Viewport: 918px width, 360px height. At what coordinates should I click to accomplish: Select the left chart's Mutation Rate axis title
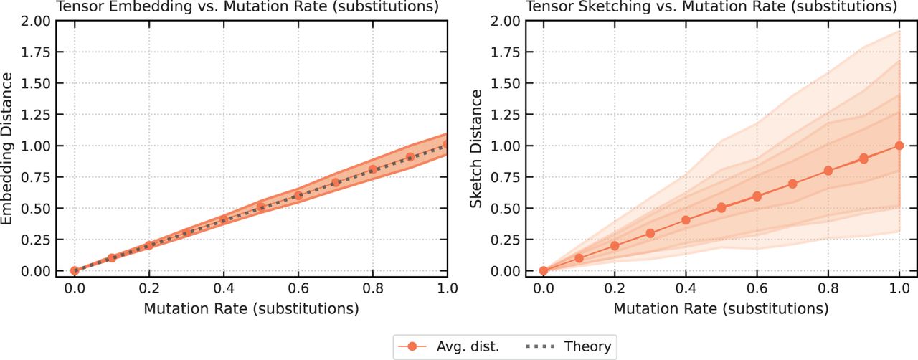[x=251, y=310]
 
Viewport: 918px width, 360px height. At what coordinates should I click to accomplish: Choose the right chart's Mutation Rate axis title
[x=721, y=310]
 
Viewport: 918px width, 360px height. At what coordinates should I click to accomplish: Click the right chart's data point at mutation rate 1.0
[x=899, y=146]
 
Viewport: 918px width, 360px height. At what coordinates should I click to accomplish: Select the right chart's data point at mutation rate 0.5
[x=721, y=208]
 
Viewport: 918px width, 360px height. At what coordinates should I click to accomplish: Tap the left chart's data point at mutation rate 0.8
[x=373, y=170]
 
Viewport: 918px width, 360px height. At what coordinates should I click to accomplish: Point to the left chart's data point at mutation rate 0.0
[x=74, y=271]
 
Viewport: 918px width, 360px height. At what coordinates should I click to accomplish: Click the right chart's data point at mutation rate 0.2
[x=615, y=246]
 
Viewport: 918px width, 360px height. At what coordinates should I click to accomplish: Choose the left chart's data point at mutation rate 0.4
[x=223, y=220]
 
